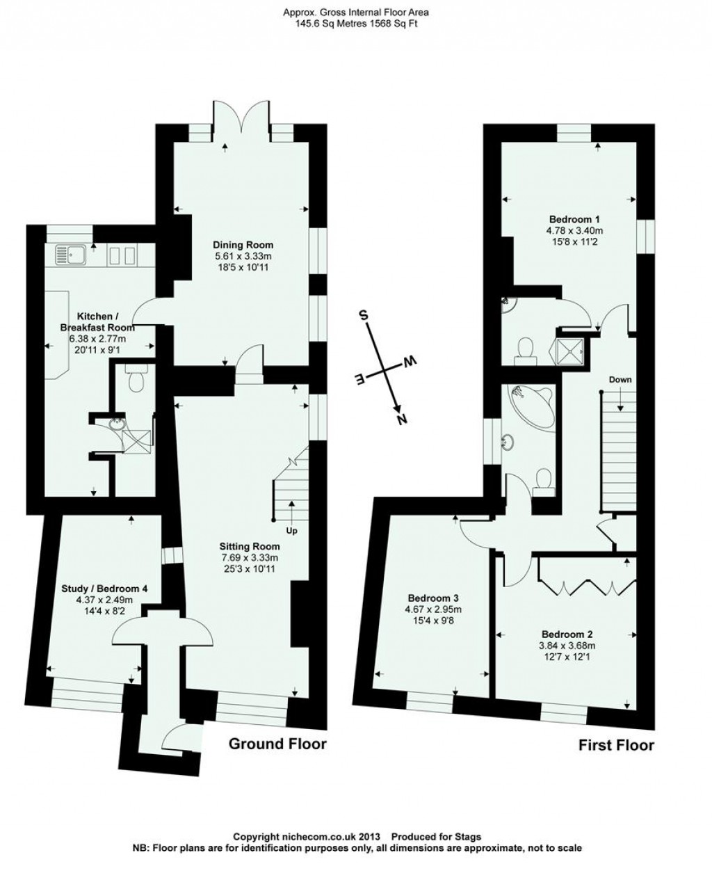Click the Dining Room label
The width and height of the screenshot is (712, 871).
[x=243, y=245]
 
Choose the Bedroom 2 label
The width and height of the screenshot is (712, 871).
[x=567, y=634]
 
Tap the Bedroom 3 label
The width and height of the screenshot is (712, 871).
[x=433, y=598]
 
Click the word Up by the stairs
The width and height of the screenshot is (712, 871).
[x=292, y=532]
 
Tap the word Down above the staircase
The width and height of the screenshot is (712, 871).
[x=620, y=380]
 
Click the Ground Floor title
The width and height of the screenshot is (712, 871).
[x=277, y=744]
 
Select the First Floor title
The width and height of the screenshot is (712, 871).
[x=616, y=745]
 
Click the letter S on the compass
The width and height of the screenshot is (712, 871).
[x=362, y=314]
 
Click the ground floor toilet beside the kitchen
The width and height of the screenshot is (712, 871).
[x=136, y=379]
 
